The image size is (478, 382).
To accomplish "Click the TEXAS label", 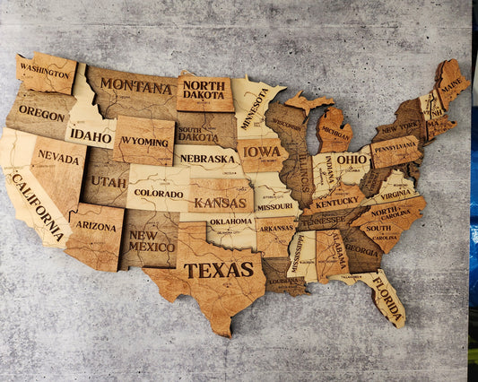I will point(219,269).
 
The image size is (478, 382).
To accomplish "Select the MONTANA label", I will point(135,87).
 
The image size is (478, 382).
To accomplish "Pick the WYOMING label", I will point(143,141).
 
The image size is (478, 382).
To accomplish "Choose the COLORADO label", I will point(158,193).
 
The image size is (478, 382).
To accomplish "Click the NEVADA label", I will point(57,157).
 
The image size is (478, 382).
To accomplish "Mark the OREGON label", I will point(41,114).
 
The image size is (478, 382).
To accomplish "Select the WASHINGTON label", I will point(45,70).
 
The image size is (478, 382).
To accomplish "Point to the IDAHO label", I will point(91,135).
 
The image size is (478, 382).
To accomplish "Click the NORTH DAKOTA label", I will point(204,90).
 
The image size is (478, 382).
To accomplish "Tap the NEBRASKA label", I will point(208,160).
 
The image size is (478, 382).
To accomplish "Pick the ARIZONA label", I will point(96,226).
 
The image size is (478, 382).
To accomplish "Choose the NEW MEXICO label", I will point(152,240).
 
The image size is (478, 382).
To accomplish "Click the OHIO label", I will point(352,159).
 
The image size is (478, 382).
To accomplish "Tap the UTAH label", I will point(108,182).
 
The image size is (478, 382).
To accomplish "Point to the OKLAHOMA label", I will point(231,221).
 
